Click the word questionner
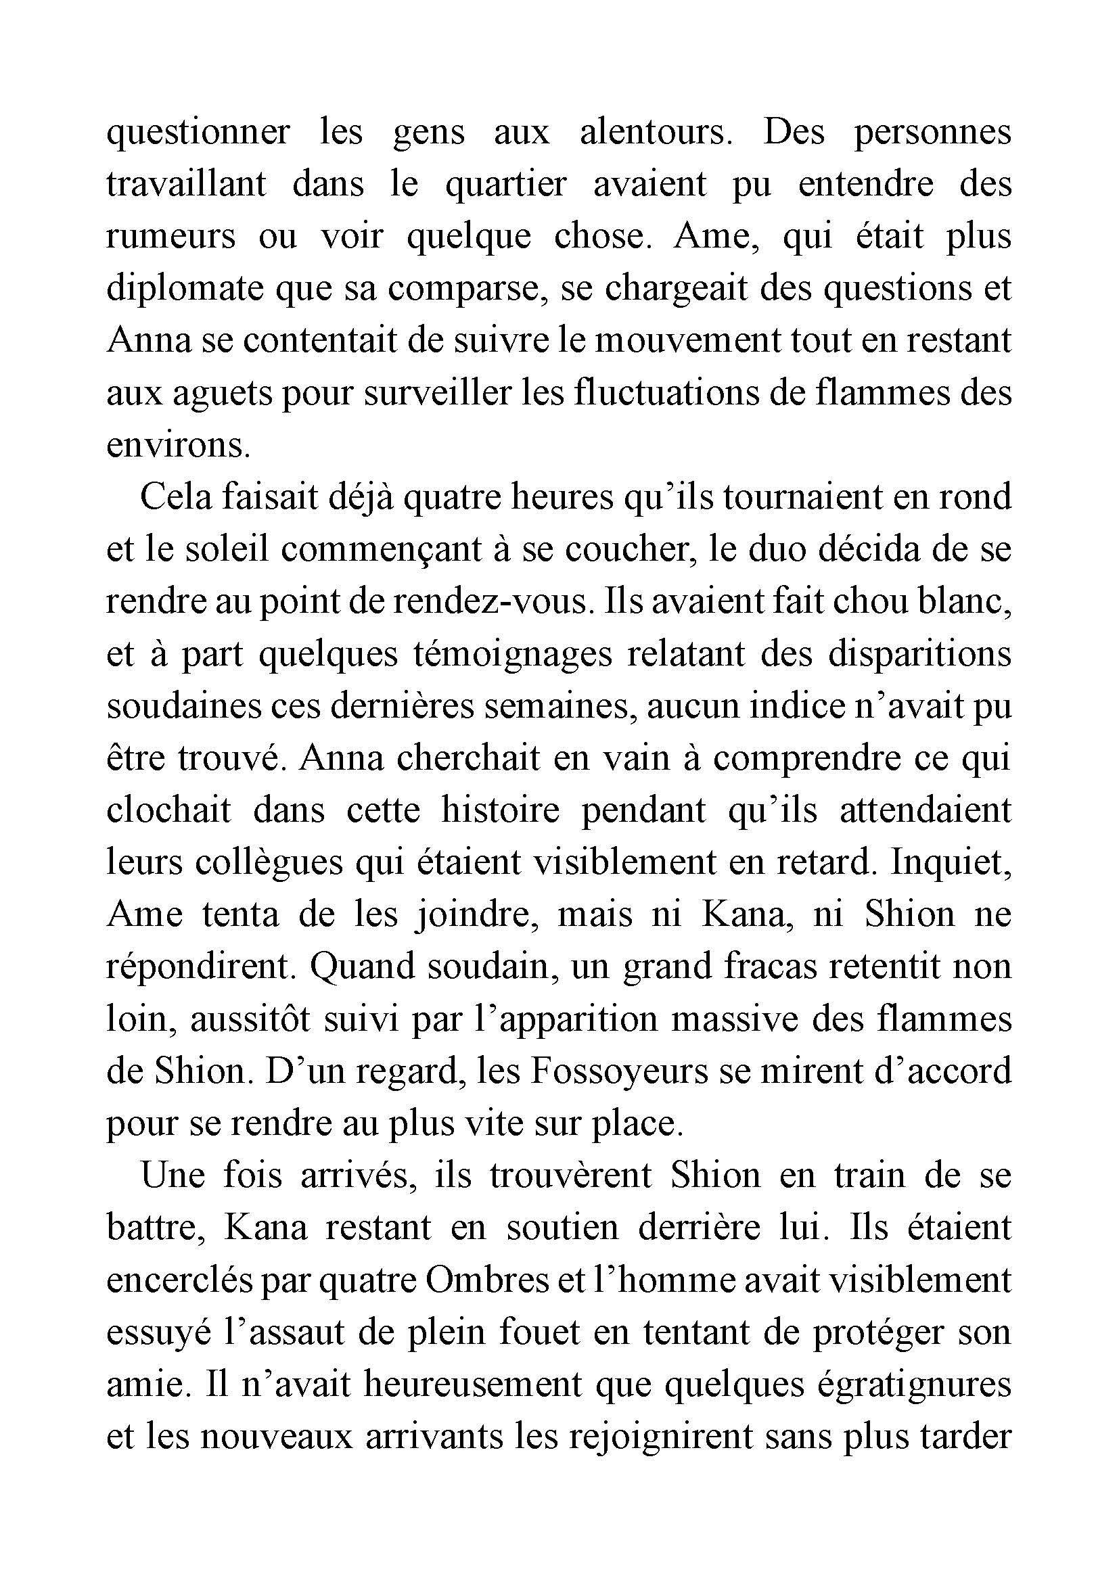coord(198,132)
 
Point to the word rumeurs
coord(171,236)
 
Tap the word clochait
coord(169,811)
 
